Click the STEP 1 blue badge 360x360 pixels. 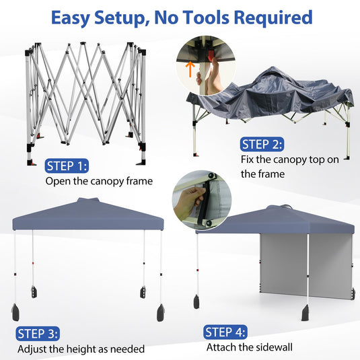pos(67,166)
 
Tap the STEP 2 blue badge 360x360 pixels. pos(262,145)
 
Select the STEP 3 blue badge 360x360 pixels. pos(38,334)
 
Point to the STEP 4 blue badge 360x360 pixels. pos(225,332)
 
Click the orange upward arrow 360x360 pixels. pos(190,69)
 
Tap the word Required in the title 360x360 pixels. pos(273,17)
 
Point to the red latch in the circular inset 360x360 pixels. pos(210,57)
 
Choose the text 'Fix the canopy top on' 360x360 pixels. pos(290,159)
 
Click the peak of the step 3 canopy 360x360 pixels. pos(88,199)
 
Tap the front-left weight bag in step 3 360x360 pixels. pos(15,312)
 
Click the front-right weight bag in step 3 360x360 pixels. pos(160,313)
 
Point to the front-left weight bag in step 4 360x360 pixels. pos(196,301)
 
